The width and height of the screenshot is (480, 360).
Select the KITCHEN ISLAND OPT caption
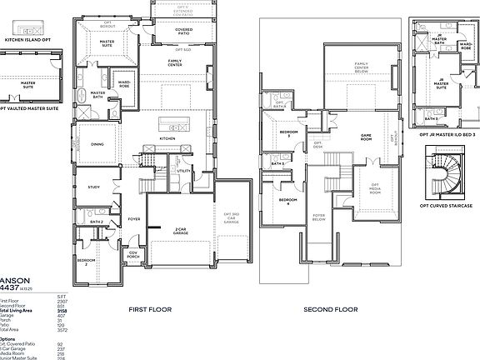[27, 38]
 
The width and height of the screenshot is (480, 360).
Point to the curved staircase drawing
[443, 172]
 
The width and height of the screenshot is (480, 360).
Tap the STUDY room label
[93, 187]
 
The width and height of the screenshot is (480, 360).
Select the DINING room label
[97, 144]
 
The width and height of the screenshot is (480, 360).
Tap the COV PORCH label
[132, 255]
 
